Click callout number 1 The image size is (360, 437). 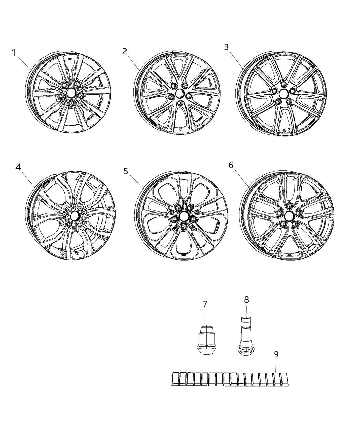coord(14,53)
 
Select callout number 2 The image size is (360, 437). coord(124,51)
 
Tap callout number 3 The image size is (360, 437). coord(226,47)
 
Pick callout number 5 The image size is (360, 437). coord(126,171)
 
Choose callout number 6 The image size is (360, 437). coord(231,165)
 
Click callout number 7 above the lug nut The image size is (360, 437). coord(205,304)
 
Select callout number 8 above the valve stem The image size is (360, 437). coord(247,300)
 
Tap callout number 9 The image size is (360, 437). coord(276,355)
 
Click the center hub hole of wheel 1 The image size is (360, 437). coord(71,93)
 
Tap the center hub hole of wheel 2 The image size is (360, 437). coord(180,94)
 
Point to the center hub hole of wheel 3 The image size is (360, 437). coord(284,94)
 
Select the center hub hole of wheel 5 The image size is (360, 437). coord(184,216)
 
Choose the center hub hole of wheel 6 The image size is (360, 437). coord(289,215)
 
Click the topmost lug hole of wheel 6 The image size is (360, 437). coord(289,205)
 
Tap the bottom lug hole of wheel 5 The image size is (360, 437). coord(184,227)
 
